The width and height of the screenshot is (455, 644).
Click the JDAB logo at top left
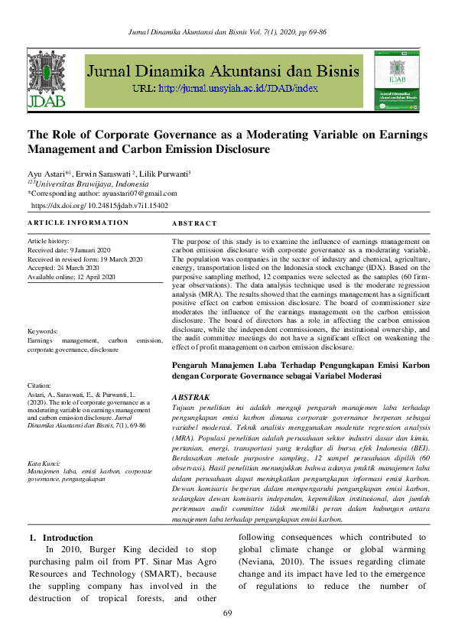click(x=46, y=79)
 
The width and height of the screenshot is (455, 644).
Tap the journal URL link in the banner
click(x=237, y=89)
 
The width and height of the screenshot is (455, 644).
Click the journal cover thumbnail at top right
click(x=398, y=79)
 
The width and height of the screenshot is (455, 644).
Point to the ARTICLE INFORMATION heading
click(x=78, y=223)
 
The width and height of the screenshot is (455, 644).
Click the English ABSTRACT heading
click(x=194, y=223)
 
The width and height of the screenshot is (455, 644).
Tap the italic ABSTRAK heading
click(x=191, y=398)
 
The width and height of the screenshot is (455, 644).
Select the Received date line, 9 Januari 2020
click(x=70, y=250)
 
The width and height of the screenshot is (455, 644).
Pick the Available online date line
click(x=71, y=277)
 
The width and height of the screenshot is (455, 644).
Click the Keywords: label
click(x=44, y=331)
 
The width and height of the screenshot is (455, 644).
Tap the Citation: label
click(x=41, y=385)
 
